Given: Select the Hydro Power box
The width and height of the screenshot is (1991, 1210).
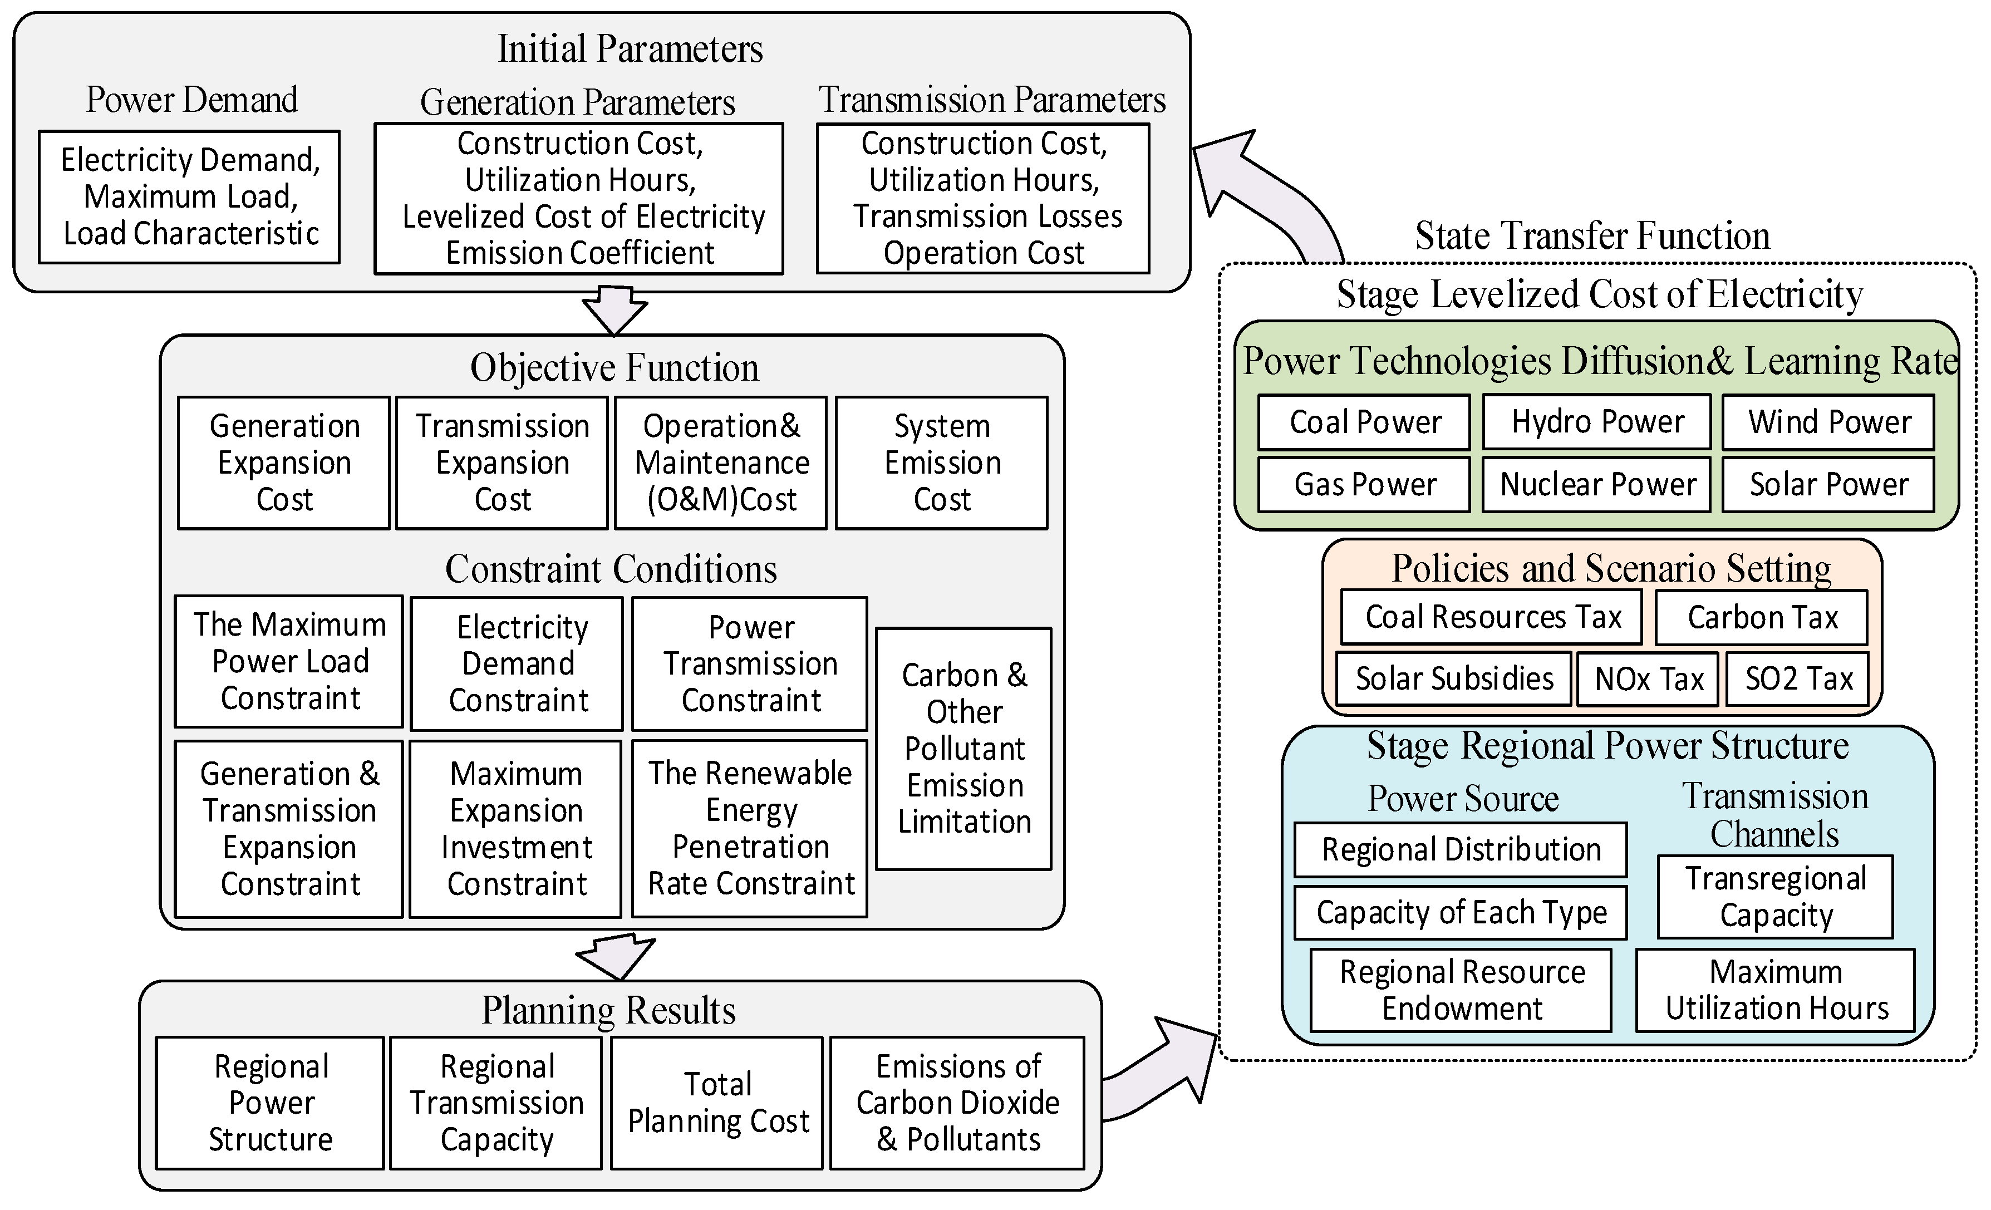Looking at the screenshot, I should (1597, 422).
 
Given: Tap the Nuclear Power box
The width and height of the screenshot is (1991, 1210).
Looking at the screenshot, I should (1597, 485).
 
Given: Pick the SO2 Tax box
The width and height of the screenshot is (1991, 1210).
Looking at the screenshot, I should (1797, 678).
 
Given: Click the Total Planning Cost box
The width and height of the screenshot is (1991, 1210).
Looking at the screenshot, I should (717, 1103).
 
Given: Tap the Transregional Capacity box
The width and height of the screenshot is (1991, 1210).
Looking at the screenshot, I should (1774, 897).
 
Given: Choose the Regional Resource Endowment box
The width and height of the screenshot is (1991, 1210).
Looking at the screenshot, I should (1461, 990).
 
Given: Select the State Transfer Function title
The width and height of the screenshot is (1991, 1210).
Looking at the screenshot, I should (1592, 236).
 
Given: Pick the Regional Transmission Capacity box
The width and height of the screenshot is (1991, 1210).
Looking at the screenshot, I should (496, 1103).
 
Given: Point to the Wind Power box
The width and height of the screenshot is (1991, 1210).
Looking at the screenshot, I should (1828, 422).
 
